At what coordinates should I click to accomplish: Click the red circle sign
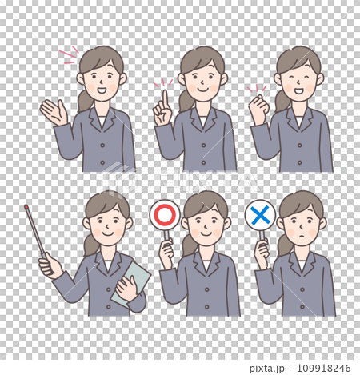coord(165,215)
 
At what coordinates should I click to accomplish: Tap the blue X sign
coord(261,215)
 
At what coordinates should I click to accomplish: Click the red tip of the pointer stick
coord(26,207)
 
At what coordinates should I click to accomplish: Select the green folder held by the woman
coord(130,283)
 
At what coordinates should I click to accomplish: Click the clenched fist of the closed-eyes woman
coord(258,106)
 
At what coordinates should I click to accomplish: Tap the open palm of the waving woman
coord(54,112)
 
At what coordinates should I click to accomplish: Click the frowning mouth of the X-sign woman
coord(301,237)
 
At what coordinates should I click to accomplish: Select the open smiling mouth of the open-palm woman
coord(102,90)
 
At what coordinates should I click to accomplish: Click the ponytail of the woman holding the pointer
coord(90,246)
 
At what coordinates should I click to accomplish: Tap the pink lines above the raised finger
coord(163,82)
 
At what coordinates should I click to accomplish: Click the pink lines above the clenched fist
coord(257,89)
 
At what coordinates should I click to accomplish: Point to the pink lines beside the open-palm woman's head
coord(69,54)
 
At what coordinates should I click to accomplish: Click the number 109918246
coord(324,369)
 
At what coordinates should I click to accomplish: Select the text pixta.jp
coord(267,369)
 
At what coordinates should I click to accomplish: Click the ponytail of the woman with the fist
coord(282,102)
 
